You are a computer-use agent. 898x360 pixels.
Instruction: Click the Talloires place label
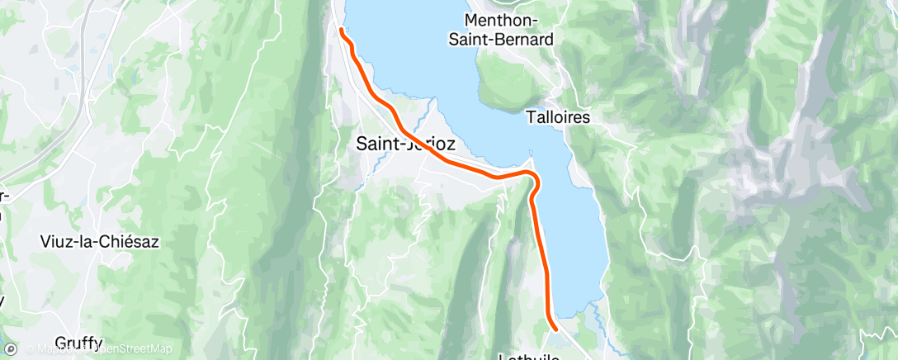pyautogui.click(x=558, y=118)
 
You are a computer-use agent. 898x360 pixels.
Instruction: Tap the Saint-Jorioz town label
pyautogui.click(x=404, y=144)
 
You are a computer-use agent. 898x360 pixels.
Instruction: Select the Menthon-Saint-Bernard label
pyautogui.click(x=508, y=28)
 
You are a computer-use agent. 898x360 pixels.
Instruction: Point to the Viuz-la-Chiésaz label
pyautogui.click(x=99, y=242)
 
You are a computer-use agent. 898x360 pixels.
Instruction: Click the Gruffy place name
pyautogui.click(x=78, y=343)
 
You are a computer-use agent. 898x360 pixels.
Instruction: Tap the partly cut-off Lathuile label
pyautogui.click(x=530, y=356)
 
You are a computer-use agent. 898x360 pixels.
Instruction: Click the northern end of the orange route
pyautogui.click(x=341, y=31)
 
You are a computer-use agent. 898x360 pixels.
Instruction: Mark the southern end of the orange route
pyautogui.click(x=555, y=328)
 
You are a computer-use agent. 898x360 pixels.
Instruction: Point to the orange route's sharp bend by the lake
pyautogui.click(x=534, y=180)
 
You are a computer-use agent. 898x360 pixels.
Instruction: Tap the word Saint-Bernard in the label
pyautogui.click(x=508, y=38)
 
